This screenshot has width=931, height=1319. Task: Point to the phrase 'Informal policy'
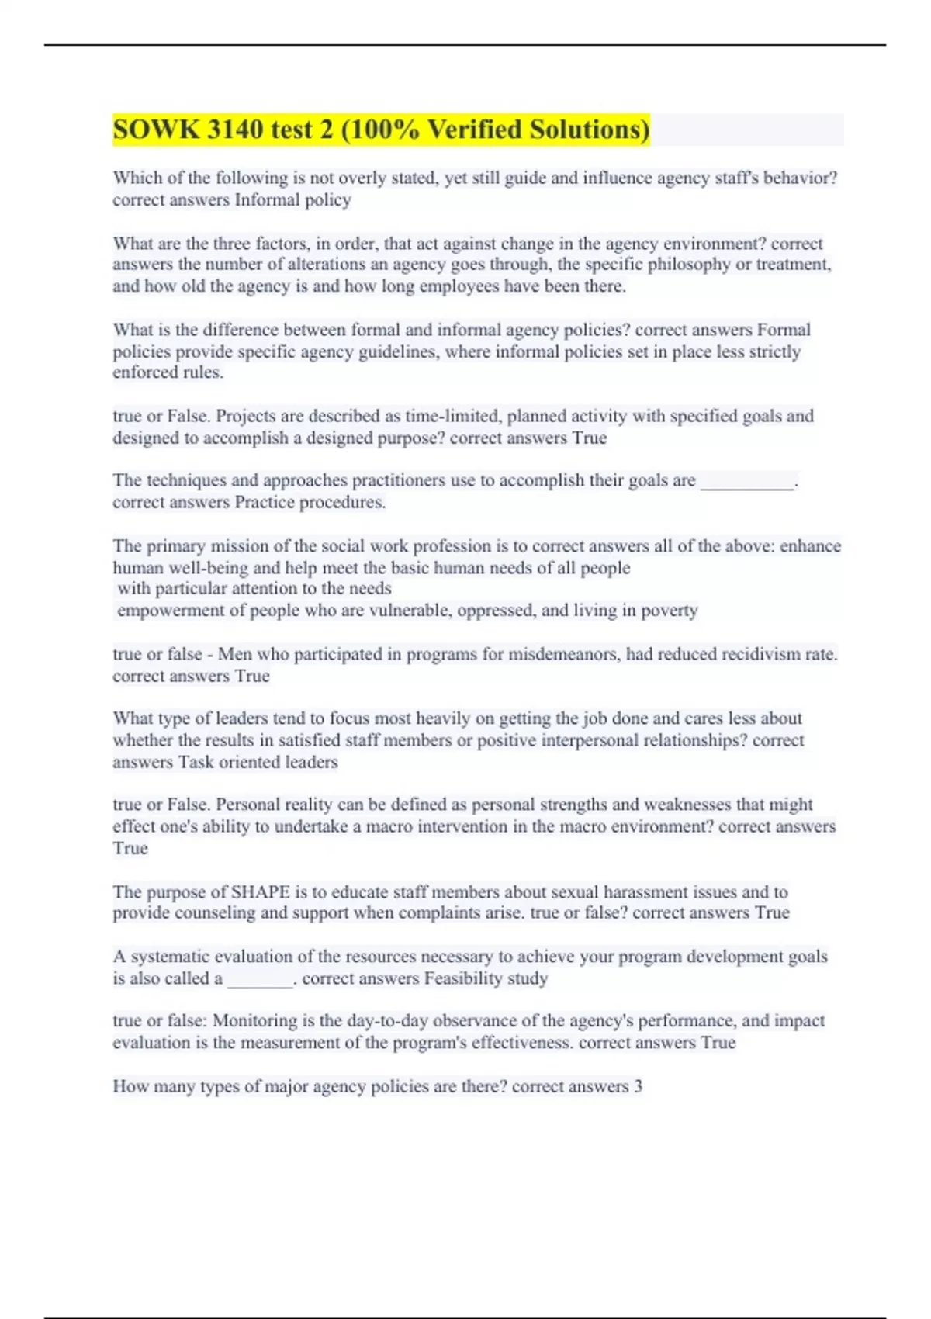coord(292,200)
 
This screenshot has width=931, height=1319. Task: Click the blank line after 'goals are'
coord(747,482)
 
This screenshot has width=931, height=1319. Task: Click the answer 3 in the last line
coord(638,1086)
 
